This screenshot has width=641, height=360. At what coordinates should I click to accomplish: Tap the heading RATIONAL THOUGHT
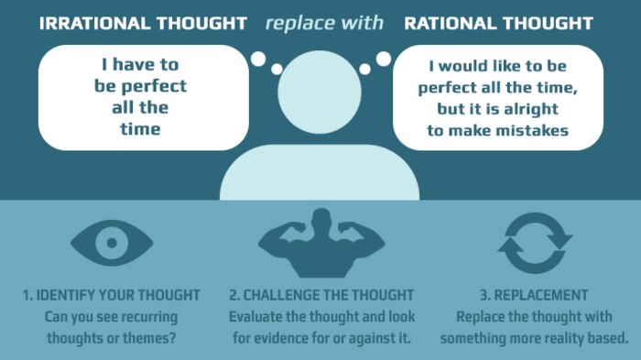point(498,23)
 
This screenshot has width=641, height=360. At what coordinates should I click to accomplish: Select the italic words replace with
point(324,23)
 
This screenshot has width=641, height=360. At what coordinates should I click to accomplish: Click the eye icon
point(111,242)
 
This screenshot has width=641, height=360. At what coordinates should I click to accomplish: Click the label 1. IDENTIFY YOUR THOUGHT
point(111,296)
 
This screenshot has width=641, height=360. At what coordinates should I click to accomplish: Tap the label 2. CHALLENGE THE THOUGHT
point(321,296)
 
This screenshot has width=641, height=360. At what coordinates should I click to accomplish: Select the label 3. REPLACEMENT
point(534,296)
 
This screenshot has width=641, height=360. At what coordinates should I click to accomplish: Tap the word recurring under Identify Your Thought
point(145,317)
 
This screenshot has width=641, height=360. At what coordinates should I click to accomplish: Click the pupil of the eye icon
point(111,243)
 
